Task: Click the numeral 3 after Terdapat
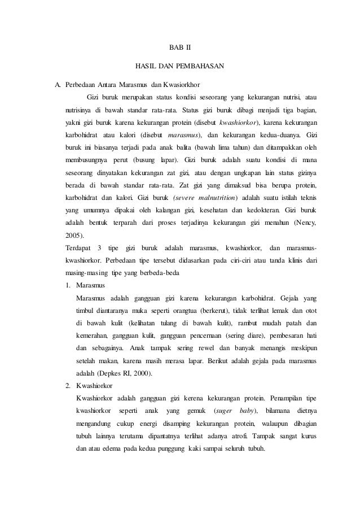[100, 247]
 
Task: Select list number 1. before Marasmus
[68, 285]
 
